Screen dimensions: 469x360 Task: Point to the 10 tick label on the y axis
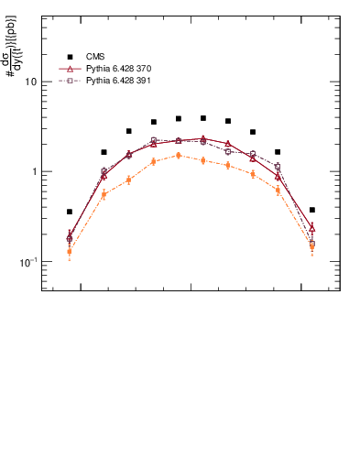30,82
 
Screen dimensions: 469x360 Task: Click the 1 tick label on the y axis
34,172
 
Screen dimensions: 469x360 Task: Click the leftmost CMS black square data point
70,212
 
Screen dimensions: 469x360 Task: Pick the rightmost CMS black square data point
311,210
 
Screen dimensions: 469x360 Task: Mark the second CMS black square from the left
104,152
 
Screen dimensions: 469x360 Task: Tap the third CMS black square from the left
128,131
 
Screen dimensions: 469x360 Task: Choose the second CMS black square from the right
278,152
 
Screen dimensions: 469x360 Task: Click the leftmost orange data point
70,251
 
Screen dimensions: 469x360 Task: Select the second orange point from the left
104,194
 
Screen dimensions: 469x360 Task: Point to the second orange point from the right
278,190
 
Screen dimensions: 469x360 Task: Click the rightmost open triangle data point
311,227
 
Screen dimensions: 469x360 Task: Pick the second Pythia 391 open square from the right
278,167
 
